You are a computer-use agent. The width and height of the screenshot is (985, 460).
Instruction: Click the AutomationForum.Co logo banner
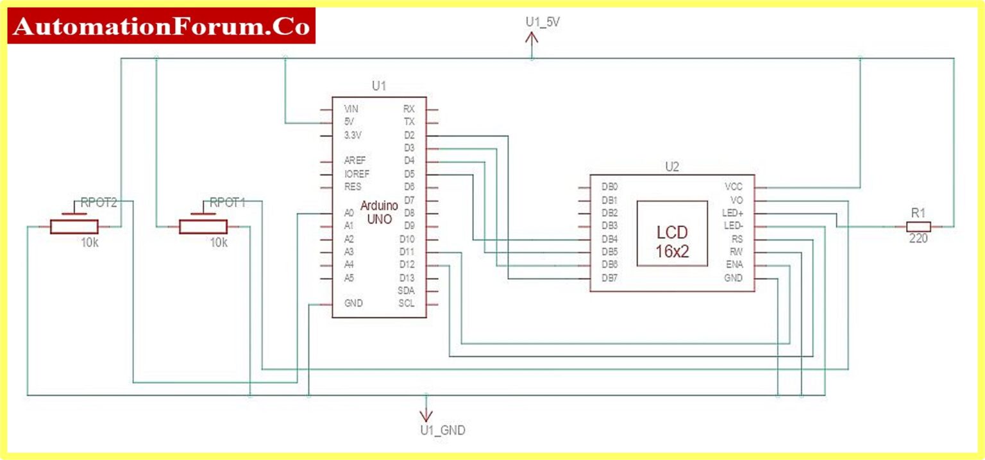pyautogui.click(x=161, y=26)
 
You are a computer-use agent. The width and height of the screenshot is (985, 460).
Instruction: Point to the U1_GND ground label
pyautogui.click(x=442, y=430)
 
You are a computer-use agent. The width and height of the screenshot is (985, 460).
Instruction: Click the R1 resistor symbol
pyautogui.click(x=918, y=226)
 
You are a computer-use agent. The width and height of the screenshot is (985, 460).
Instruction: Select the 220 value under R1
pyautogui.click(x=918, y=239)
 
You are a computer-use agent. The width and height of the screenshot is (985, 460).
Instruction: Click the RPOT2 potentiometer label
pyautogui.click(x=99, y=203)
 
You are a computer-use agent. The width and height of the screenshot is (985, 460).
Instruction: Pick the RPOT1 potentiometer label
pyautogui.click(x=228, y=203)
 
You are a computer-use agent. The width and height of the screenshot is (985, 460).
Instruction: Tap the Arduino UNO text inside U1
pyautogui.click(x=379, y=212)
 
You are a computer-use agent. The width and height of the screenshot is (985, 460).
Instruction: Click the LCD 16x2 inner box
pyautogui.click(x=672, y=233)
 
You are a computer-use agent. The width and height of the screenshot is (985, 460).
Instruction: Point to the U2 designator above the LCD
pyautogui.click(x=671, y=167)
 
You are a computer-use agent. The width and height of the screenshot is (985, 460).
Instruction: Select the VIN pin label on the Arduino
pyautogui.click(x=351, y=108)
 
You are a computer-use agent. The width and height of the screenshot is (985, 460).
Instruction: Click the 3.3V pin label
pyautogui.click(x=353, y=135)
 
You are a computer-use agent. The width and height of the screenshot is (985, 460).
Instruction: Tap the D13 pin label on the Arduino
pyautogui.click(x=407, y=277)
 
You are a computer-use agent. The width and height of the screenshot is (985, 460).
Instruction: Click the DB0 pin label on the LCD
pyautogui.click(x=609, y=187)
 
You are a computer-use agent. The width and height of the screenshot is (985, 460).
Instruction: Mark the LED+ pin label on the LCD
pyautogui.click(x=732, y=213)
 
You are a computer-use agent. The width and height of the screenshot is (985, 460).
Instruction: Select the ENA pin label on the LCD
pyautogui.click(x=734, y=265)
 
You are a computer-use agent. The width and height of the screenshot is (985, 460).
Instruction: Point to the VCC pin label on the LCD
pyautogui.click(x=733, y=187)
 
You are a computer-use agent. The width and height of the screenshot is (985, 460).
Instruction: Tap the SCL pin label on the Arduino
pyautogui.click(x=407, y=303)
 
